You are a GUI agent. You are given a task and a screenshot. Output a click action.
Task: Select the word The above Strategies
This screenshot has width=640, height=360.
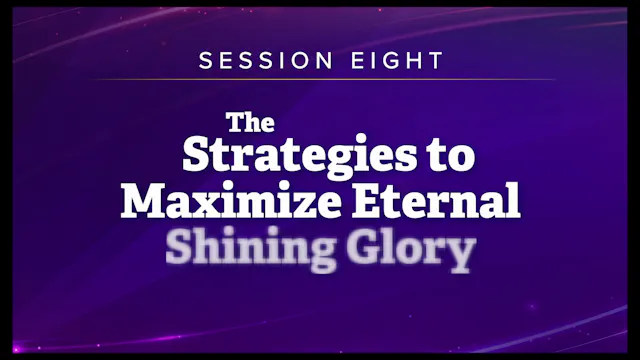click(245, 123)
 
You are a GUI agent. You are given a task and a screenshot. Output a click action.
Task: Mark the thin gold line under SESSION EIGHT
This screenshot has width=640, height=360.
click(320, 79)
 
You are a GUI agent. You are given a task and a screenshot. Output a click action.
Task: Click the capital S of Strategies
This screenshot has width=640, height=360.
click(198, 157)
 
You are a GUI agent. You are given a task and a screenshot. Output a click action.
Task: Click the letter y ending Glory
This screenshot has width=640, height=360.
click(458, 256)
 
